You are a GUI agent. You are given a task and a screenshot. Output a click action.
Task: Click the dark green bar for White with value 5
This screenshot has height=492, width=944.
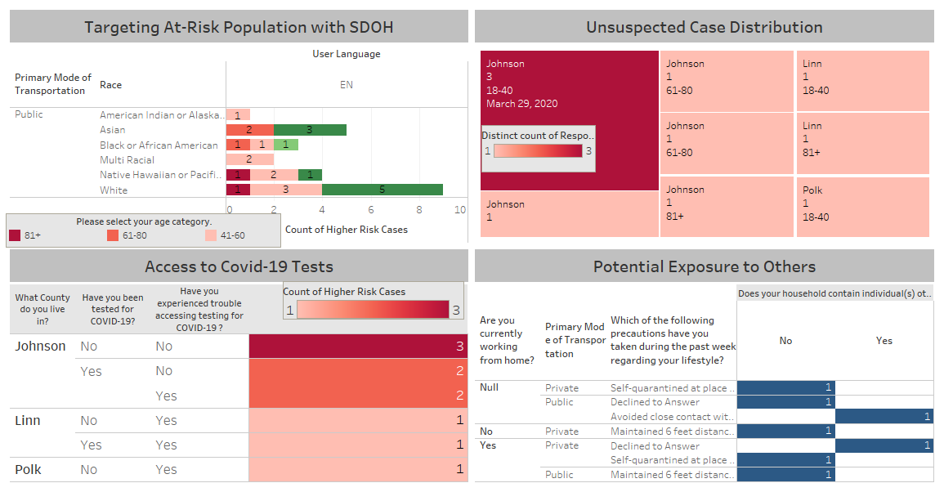(x=382, y=190)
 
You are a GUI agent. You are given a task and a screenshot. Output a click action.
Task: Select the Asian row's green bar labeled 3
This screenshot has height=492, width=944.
(x=310, y=129)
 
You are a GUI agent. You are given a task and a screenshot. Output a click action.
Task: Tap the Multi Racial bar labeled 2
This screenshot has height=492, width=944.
(x=249, y=159)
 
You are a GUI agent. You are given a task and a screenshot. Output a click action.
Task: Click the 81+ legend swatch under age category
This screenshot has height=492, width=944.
(x=15, y=235)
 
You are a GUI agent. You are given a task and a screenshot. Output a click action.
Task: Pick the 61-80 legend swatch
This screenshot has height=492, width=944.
(x=113, y=235)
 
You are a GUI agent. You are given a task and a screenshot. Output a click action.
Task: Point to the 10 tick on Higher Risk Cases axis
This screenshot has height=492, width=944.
(x=460, y=210)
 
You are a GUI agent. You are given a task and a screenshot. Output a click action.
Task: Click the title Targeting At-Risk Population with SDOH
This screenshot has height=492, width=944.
(x=239, y=27)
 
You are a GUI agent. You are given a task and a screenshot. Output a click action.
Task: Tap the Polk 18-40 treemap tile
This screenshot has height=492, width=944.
(x=863, y=207)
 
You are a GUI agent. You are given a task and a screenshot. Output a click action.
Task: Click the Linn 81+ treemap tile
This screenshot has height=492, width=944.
(x=863, y=143)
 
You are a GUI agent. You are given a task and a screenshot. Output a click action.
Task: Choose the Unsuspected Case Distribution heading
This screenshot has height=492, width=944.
(x=704, y=27)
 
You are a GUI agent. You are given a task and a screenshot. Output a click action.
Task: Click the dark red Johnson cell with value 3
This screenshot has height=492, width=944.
(x=358, y=347)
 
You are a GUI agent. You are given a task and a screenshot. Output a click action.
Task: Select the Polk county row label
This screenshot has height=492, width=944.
(x=29, y=470)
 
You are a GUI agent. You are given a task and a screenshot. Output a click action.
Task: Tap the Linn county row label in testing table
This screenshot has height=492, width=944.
(x=28, y=420)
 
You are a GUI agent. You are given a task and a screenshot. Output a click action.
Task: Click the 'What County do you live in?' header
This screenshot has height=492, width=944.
(x=43, y=309)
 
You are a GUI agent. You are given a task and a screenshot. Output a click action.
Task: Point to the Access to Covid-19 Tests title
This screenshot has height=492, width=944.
(x=239, y=266)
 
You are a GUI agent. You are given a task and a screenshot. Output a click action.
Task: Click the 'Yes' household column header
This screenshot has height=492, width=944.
(x=884, y=341)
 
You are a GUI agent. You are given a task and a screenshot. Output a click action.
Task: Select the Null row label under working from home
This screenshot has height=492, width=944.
(x=489, y=387)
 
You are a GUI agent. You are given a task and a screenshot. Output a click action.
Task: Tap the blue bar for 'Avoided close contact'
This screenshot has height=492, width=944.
(x=884, y=417)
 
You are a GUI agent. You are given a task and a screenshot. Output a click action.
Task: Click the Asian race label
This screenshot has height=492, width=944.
(x=113, y=130)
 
